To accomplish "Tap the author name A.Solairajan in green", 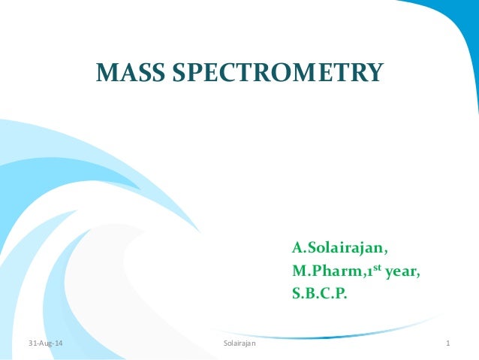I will pos(339,248).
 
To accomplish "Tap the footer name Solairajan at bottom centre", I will pos(239,343).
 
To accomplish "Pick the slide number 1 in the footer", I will pos(447,343).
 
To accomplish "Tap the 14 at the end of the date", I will pos(59,343).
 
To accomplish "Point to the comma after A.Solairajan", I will pos(387,253).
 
